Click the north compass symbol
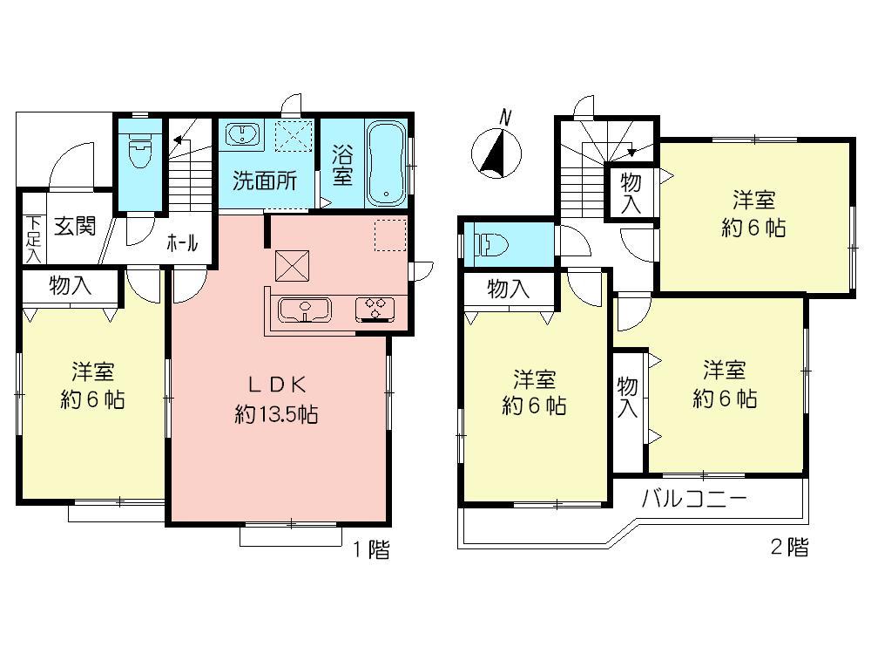[x=494, y=153]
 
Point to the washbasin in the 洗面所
[x=241, y=135]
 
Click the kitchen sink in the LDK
[x=302, y=309]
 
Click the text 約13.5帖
[x=276, y=414]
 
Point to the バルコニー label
[x=694, y=501]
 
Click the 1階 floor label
[x=371, y=549]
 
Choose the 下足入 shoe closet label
[x=32, y=238]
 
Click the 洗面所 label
[x=265, y=181]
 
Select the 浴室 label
[x=342, y=164]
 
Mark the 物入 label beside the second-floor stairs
[x=631, y=193]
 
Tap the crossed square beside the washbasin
[x=294, y=135]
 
